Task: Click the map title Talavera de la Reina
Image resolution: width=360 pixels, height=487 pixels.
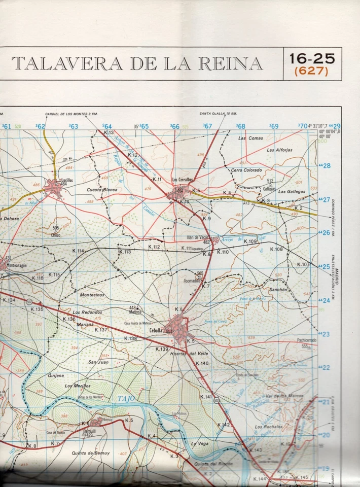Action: pos(137,64)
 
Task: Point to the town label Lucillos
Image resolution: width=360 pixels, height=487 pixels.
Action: pos(53,180)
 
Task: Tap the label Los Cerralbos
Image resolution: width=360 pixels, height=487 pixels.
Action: pos(183,180)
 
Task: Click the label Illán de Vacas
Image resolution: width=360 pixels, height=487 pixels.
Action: pos(198,237)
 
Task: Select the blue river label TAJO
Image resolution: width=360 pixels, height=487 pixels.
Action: pos(127,399)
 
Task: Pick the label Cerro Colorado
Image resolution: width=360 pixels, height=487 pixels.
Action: pos(246,170)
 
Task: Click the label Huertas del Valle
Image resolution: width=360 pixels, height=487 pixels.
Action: pos(189,354)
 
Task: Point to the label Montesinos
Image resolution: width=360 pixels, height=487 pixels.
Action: pos(92,295)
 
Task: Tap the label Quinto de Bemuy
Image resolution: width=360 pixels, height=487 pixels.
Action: pos(91,453)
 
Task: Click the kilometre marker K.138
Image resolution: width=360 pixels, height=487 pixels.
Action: pos(131,338)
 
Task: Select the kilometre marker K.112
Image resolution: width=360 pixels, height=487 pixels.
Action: pos(154,247)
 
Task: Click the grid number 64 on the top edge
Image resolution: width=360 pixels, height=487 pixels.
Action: pos(107,126)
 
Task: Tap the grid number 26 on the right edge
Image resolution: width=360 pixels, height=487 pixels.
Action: pos(325,233)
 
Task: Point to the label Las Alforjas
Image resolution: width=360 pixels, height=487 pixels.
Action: pos(280,150)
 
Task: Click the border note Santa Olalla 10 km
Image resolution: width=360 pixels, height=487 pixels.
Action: pos(218,113)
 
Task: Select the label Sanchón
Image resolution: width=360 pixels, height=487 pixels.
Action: pos(278,290)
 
